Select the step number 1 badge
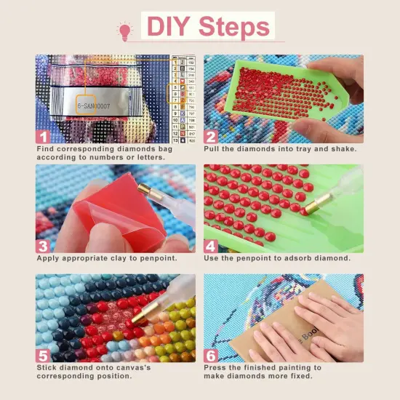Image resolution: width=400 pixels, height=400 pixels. click(43, 135)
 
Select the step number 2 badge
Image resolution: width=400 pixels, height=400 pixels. click(211, 135)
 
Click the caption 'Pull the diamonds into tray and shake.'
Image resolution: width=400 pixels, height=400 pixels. click(280, 148)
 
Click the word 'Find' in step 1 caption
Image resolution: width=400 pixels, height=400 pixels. click(47, 148)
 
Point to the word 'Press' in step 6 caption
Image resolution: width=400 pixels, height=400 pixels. click(217, 367)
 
